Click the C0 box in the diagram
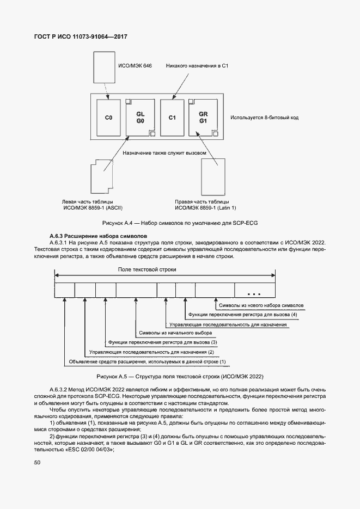coord(108,118)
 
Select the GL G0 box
coord(140,118)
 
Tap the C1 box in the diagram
coord(172,118)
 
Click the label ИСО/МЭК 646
coord(135,65)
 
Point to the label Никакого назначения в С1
coord(200,65)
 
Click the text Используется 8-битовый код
coord(264,118)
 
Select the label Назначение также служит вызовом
coord(164,153)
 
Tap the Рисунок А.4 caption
coord(180,224)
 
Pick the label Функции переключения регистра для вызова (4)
coord(242,315)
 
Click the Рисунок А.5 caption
coord(180,376)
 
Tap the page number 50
coord(38,463)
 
